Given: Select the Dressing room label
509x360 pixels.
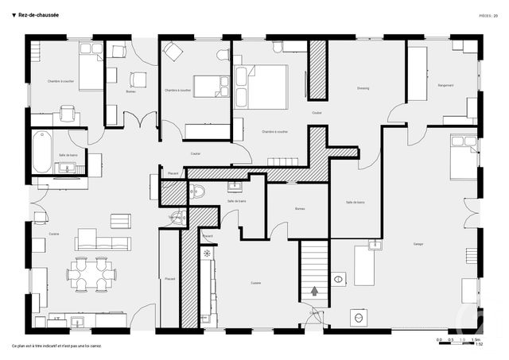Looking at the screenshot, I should pos(363,88).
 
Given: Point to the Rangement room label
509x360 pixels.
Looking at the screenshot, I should pos(445,86).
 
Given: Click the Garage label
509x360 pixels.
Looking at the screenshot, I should pos(418,244).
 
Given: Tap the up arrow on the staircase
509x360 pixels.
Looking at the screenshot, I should pos(315,291).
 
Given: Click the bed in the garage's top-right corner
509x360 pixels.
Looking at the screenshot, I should pos(463,157).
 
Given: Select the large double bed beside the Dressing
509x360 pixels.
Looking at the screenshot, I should pos(268,86).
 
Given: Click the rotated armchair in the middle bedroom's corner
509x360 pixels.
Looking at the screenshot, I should pos(173,52).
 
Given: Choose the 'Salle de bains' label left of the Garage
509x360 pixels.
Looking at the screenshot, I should pos(355,203).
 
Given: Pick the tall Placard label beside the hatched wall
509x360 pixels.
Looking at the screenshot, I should pos(169,280).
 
